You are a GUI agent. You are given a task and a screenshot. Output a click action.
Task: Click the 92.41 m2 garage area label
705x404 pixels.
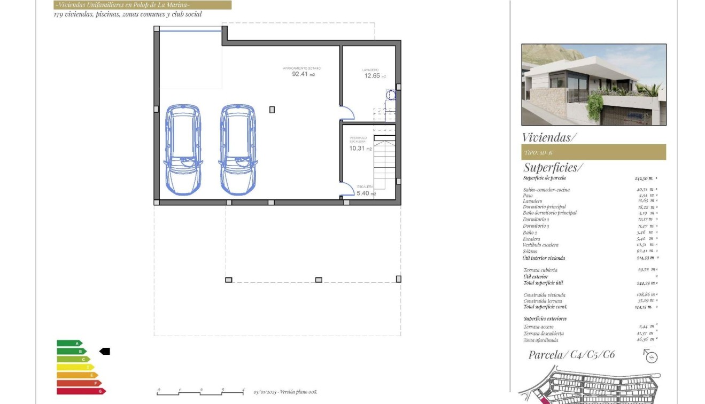click(303, 74)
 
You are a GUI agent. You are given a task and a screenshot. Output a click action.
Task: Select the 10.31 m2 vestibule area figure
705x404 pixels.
click(360, 149)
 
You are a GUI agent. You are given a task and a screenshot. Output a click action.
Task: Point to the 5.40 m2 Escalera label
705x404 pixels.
click(366, 193)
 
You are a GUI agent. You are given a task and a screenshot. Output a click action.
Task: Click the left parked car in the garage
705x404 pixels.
click(183, 149)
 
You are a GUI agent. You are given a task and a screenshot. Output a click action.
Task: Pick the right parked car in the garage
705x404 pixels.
click(238, 149)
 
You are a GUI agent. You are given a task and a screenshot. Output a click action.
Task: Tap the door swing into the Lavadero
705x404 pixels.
click(347, 113)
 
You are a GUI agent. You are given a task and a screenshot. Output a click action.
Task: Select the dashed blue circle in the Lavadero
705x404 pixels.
click(391, 95)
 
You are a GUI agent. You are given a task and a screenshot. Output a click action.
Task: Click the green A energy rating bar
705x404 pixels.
click(69, 343)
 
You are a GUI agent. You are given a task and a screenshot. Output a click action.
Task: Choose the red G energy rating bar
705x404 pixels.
click(81, 391)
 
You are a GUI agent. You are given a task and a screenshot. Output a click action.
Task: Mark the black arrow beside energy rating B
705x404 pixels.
click(105, 351)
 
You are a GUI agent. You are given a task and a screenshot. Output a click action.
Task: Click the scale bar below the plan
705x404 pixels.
click(200, 393)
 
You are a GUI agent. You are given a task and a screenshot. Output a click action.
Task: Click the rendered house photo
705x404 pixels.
click(593, 84)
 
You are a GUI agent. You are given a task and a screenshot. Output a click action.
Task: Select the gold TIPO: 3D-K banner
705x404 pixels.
click(593, 152)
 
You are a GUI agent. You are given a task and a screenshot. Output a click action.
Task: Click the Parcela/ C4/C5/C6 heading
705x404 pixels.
click(571, 354)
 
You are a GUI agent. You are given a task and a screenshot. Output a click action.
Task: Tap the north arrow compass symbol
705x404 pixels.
click(650, 356)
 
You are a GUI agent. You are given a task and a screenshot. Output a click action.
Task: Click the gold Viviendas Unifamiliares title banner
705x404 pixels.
click(143, 5)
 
